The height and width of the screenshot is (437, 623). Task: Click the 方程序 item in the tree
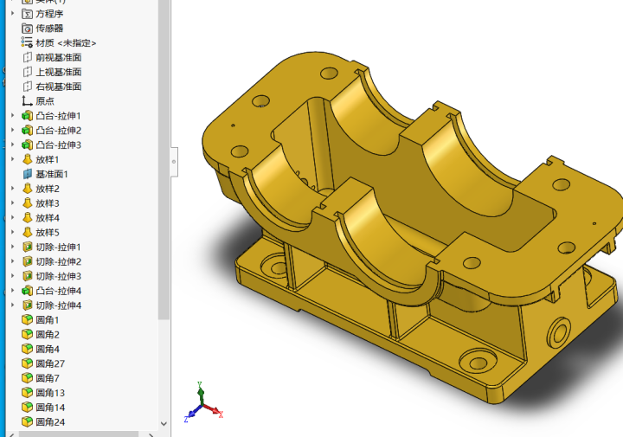coord(48,14)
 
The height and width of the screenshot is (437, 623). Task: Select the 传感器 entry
coord(48,28)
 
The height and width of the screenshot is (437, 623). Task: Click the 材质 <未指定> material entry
coord(65,42)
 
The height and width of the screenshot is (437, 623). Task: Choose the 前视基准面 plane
coord(58,57)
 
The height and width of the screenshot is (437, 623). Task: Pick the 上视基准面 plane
coord(58,72)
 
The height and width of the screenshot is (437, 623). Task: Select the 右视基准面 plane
coord(58,87)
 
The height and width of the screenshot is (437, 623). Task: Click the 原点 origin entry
coord(44,100)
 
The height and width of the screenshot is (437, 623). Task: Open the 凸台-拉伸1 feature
coord(58,115)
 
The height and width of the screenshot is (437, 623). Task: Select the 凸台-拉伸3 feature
coord(58,145)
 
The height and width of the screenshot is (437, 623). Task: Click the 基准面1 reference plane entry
coord(51,174)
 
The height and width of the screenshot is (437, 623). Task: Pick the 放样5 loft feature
coord(47,232)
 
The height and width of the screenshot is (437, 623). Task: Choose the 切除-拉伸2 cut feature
coord(58,261)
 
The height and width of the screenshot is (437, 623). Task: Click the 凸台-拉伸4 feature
coord(58,291)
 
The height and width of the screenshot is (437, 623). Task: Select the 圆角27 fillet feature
coord(49,363)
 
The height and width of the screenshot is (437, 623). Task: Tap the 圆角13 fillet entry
coord(49,393)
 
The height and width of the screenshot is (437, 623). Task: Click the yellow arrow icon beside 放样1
coord(27,159)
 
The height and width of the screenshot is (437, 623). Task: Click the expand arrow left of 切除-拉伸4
coord(12,305)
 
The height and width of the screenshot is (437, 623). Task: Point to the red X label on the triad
coord(221,415)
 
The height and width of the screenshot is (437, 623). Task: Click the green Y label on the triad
coord(200,383)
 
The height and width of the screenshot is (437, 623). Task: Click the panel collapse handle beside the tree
coord(174,160)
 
